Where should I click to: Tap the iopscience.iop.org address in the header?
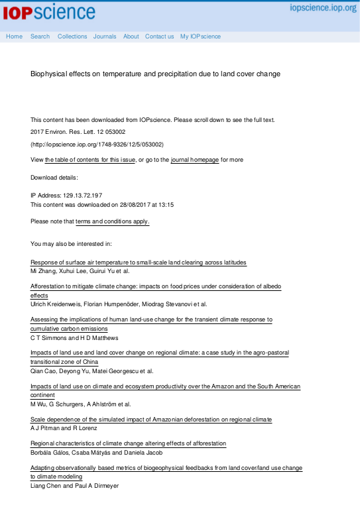[323, 8]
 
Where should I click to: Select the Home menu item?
[14, 36]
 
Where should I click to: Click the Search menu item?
[40, 36]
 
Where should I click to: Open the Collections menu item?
[72, 36]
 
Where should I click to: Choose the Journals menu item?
[105, 36]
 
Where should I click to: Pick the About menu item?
[131, 36]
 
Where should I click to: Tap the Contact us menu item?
[159, 36]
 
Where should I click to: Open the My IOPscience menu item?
[200, 36]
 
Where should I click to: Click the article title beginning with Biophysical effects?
[155, 74]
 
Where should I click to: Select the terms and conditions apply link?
[113, 221]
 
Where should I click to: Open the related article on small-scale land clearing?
[139, 262]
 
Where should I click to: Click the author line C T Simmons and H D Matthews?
[74, 337]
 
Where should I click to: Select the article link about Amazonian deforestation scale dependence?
[151, 420]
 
